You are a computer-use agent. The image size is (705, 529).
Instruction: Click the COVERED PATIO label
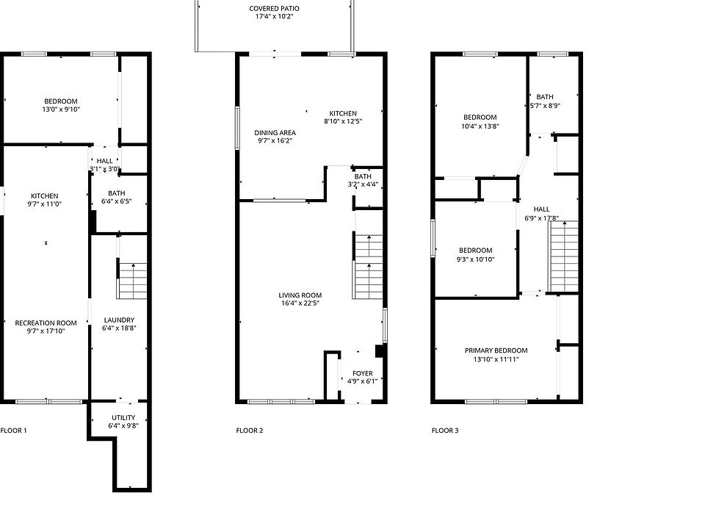tap(274, 9)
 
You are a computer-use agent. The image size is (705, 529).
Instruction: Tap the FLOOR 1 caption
tap(13, 431)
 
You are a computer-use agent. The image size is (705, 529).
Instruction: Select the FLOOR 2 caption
tap(250, 431)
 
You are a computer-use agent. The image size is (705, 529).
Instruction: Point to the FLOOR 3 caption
tap(445, 431)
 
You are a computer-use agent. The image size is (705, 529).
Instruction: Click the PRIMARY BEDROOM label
tap(496, 350)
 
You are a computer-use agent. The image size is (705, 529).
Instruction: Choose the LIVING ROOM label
tap(300, 295)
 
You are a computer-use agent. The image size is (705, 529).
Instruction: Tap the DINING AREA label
tap(275, 133)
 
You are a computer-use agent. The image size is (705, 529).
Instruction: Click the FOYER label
tap(362, 373)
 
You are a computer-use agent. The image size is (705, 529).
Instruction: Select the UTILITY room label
tap(123, 417)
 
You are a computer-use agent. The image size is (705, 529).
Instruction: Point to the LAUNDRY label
tap(119, 320)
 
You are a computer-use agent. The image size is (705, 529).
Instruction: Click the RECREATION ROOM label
tap(46, 323)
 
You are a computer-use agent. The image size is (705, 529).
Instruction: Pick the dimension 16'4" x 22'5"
tap(300, 303)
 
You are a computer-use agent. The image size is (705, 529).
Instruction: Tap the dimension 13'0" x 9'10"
tap(61, 109)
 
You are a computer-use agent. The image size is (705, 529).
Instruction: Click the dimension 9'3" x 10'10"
tap(475, 259)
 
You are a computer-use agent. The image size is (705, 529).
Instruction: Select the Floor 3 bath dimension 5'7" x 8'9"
tap(544, 106)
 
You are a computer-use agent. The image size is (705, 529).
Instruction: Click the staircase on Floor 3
tap(563, 256)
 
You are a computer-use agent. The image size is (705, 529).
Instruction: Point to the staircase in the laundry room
tap(132, 281)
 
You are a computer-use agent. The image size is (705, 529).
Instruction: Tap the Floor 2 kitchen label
tap(343, 113)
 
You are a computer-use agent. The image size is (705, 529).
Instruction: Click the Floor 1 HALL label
tap(105, 161)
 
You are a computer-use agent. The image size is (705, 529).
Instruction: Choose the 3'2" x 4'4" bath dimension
tap(363, 184)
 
